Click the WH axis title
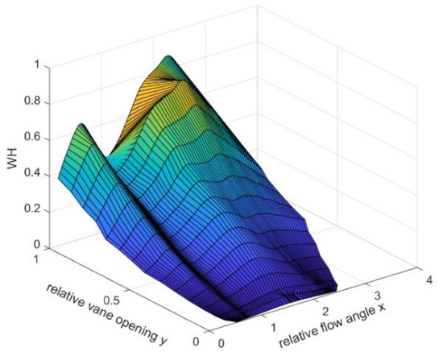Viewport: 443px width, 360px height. [x=10, y=163]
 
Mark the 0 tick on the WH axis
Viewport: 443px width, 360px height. [x=35, y=244]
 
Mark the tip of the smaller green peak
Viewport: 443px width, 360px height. [x=80, y=125]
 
